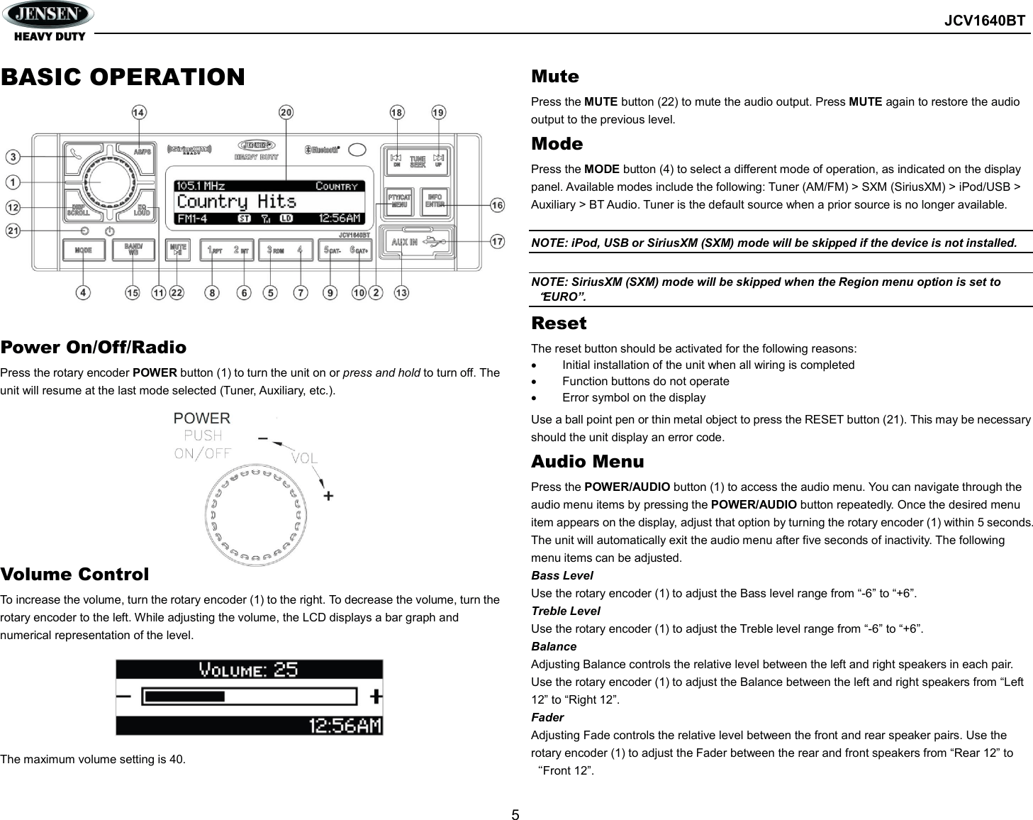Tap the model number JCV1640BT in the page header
tap(984, 21)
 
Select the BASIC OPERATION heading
tap(123, 77)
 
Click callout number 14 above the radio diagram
tap(139, 112)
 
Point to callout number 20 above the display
tap(286, 112)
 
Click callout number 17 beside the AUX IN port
tap(498, 241)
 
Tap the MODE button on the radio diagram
tap(84, 250)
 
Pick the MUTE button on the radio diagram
tap(178, 250)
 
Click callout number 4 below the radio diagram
tap(84, 292)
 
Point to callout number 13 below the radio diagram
tap(401, 292)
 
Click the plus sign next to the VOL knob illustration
tap(328, 495)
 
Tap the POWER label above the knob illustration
tap(202, 419)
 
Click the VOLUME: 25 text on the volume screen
tap(248, 670)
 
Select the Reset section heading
tap(559, 323)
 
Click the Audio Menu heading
tap(587, 462)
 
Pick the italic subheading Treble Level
tap(565, 611)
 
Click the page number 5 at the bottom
tap(515, 814)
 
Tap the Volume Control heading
tap(74, 575)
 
